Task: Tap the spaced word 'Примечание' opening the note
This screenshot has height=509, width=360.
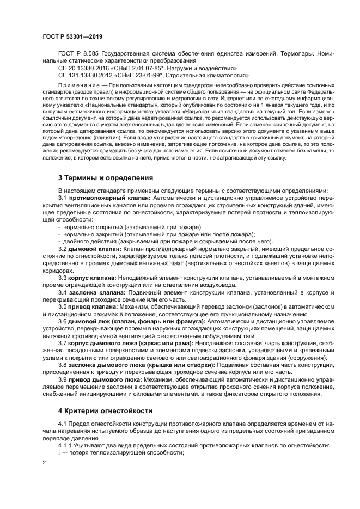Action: tap(78, 85)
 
